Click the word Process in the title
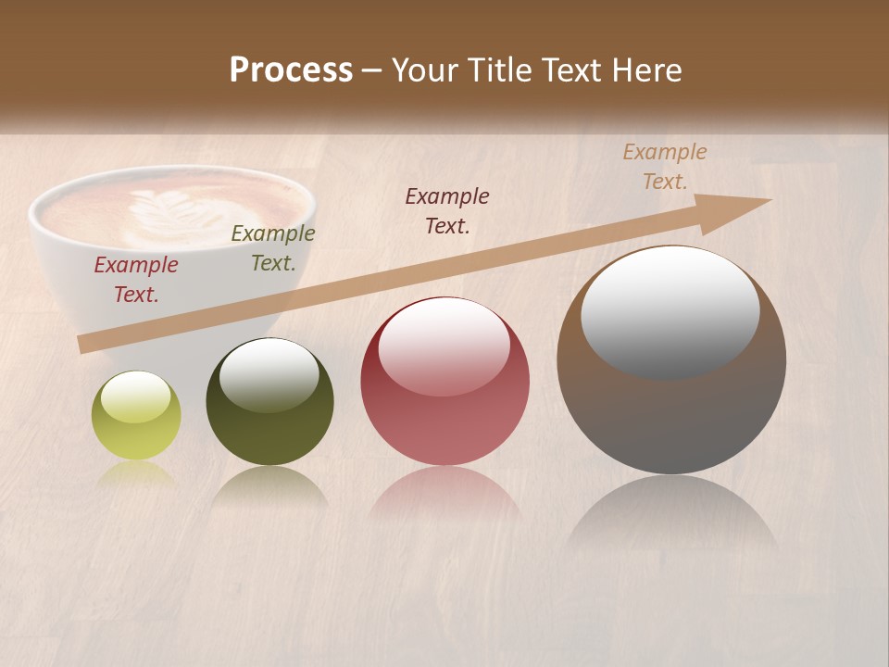pyautogui.click(x=291, y=70)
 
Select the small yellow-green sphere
pyautogui.click(x=136, y=416)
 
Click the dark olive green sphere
pyautogui.click(x=269, y=402)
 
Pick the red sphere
pyautogui.click(x=444, y=382)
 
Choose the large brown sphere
pyautogui.click(x=671, y=359)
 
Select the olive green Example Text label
pyautogui.click(x=273, y=248)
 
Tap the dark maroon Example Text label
pyautogui.click(x=447, y=210)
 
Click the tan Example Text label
pyautogui.click(x=665, y=167)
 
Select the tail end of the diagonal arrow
pyautogui.click(x=85, y=345)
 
